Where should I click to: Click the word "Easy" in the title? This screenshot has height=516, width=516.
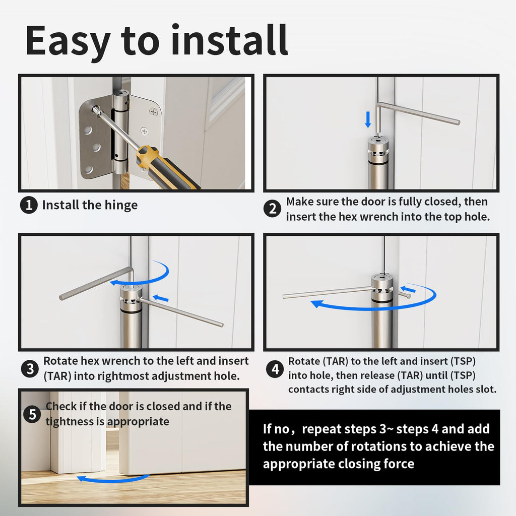(x=68, y=41)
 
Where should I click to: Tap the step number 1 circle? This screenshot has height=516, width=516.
(x=29, y=205)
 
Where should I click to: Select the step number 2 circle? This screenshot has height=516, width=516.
(x=273, y=209)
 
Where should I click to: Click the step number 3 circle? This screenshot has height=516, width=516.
(x=30, y=368)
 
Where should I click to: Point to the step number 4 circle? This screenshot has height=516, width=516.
(x=275, y=369)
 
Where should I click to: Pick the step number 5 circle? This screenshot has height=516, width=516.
(x=32, y=414)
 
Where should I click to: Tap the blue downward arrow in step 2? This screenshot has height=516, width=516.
(x=368, y=119)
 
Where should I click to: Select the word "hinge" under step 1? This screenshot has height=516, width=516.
(x=121, y=206)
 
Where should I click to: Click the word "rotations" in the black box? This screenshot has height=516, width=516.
(x=378, y=446)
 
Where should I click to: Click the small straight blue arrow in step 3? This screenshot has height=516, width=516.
(x=161, y=298)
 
